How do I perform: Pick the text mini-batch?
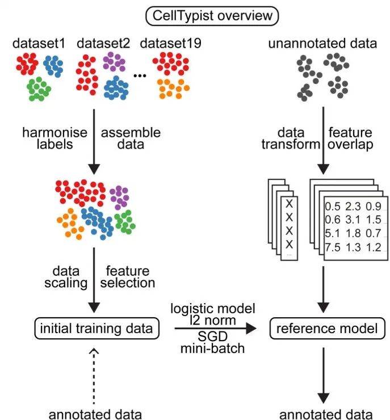tap(213, 347)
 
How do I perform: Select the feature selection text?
tap(127, 276)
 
